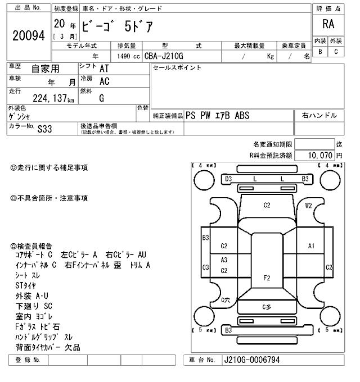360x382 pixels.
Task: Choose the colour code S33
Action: coord(44,129)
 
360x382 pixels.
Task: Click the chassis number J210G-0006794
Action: coord(251,360)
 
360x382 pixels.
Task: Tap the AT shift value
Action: coord(104,69)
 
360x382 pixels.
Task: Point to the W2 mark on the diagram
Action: coord(309,206)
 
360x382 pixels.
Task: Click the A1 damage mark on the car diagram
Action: coord(311,246)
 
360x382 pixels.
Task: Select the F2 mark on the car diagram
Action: coord(267,278)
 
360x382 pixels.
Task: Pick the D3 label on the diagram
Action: coord(228,179)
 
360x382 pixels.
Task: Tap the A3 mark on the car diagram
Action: coord(224,260)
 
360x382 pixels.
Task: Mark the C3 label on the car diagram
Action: coord(205,267)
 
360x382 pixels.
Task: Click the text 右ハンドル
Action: coord(319,116)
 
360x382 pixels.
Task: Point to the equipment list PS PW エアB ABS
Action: coord(221,116)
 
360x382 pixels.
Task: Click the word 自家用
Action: coord(44,69)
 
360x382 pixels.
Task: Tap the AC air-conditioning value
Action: coord(104,81)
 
